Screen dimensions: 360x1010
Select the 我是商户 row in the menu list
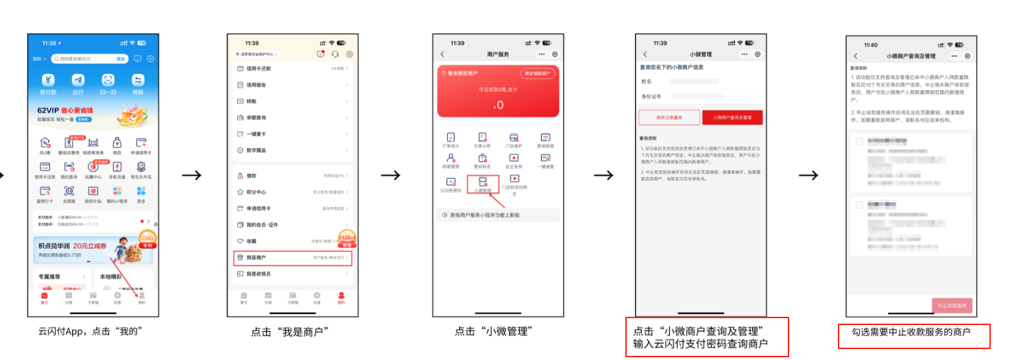[x=292, y=258]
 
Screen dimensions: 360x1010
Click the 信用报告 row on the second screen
[x=292, y=85]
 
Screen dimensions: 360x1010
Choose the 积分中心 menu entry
[x=292, y=192]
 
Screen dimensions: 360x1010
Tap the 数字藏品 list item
[x=292, y=150]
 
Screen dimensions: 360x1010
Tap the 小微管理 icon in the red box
[x=482, y=183]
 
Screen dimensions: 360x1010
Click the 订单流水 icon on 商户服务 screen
[x=450, y=140]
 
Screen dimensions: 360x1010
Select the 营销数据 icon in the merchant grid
[x=545, y=140]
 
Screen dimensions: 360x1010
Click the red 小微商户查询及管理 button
[x=732, y=117]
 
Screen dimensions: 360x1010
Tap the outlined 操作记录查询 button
[x=669, y=117]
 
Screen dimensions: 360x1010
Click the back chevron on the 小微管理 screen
[x=645, y=54]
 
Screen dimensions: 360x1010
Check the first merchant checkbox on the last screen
[x=859, y=141]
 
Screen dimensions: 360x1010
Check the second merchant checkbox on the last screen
[x=859, y=205]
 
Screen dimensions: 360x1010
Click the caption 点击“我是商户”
[x=291, y=332]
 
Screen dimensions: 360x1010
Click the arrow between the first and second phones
[x=192, y=175]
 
